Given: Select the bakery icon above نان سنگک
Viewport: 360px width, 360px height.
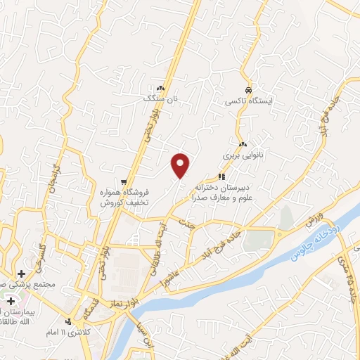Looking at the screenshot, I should pyautogui.click(x=161, y=89).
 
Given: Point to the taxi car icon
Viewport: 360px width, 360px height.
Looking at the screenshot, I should pyautogui.click(x=248, y=90).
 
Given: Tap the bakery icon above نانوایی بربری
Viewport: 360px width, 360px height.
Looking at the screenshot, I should pyautogui.click(x=242, y=143).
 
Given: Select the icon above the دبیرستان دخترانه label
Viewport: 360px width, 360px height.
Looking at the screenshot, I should pyautogui.click(x=221, y=176).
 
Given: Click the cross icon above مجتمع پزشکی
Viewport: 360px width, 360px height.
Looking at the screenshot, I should pyautogui.click(x=21, y=273).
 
